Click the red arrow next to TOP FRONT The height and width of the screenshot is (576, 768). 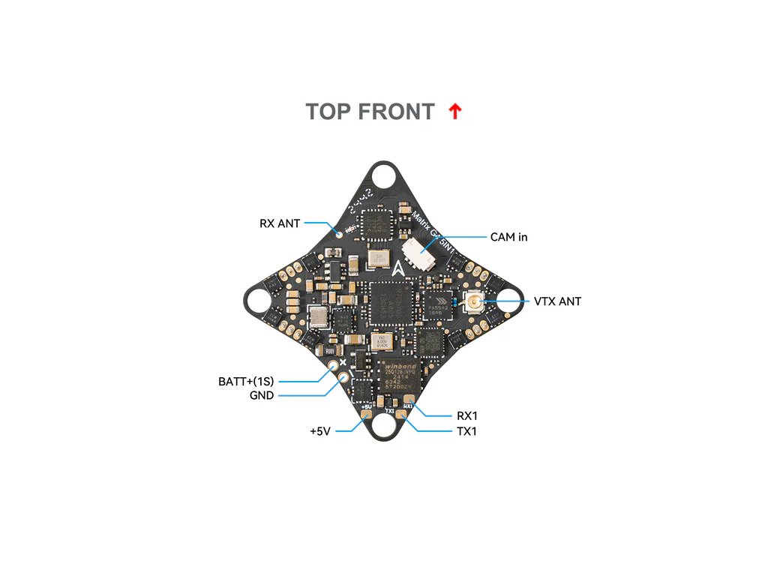pyautogui.click(x=454, y=112)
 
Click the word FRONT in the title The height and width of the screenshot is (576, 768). pyautogui.click(x=396, y=112)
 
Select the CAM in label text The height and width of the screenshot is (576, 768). pyautogui.click(x=508, y=237)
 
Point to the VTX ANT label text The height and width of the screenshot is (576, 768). pyautogui.click(x=557, y=301)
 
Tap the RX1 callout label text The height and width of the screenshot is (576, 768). pyautogui.click(x=467, y=415)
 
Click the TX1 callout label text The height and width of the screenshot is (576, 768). pyautogui.click(x=466, y=431)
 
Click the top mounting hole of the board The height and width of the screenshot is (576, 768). pyautogui.click(x=384, y=180)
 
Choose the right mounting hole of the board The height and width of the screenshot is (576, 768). pyautogui.click(x=510, y=303)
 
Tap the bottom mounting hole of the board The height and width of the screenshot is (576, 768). pyautogui.click(x=385, y=427)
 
